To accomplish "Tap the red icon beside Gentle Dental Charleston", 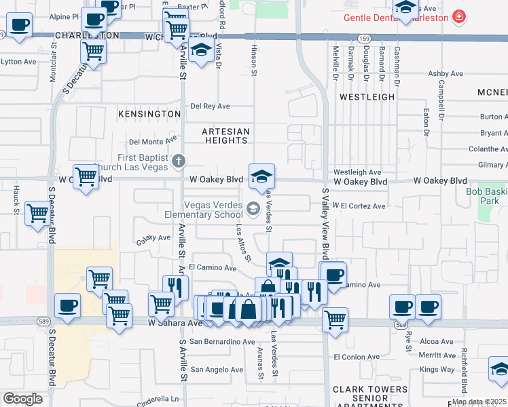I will [460, 16].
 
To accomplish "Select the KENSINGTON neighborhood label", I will [147, 114].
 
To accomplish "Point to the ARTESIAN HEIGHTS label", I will [226, 136].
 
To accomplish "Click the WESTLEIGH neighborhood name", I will [367, 97].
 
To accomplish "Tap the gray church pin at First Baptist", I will [179, 161].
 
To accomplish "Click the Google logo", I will [22, 399].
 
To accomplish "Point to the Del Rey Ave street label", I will [211, 106].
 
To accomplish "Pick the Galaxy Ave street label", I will [153, 238].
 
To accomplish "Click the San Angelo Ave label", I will [216, 370].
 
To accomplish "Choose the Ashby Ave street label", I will [445, 74].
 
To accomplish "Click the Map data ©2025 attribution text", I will [479, 402].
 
